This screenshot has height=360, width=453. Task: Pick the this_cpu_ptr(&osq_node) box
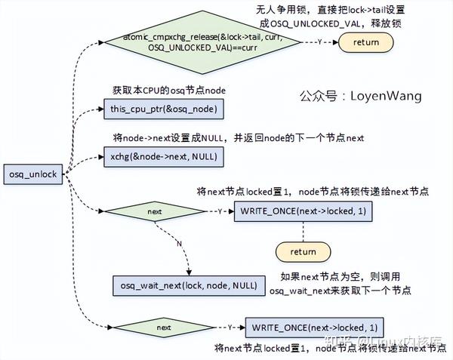pyautogui.click(x=162, y=110)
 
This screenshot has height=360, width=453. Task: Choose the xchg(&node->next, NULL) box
pyautogui.click(x=162, y=157)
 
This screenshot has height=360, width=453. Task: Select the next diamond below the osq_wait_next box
pyautogui.click(x=164, y=328)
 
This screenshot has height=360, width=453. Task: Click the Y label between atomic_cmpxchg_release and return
pyautogui.click(x=320, y=42)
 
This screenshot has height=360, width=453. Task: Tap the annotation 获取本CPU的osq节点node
pyautogui.click(x=169, y=91)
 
